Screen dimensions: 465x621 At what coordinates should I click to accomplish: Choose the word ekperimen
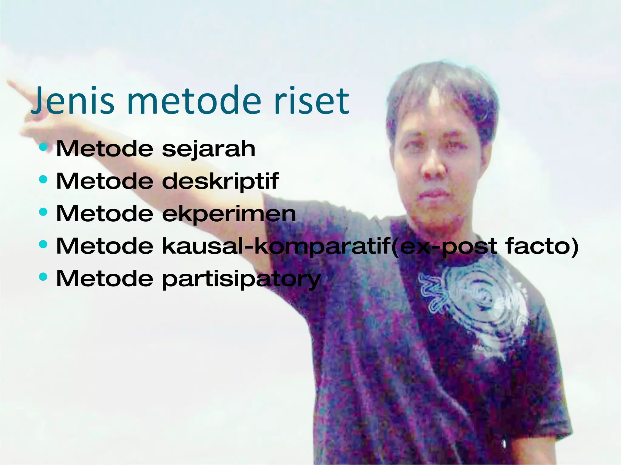point(229,214)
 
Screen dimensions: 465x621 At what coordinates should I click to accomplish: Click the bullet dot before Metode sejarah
point(43,147)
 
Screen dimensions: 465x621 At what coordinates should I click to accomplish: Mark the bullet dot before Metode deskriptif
point(43,180)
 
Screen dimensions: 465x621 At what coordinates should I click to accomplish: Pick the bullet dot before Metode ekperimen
point(43,212)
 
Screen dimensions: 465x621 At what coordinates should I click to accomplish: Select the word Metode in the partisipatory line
point(105,279)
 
